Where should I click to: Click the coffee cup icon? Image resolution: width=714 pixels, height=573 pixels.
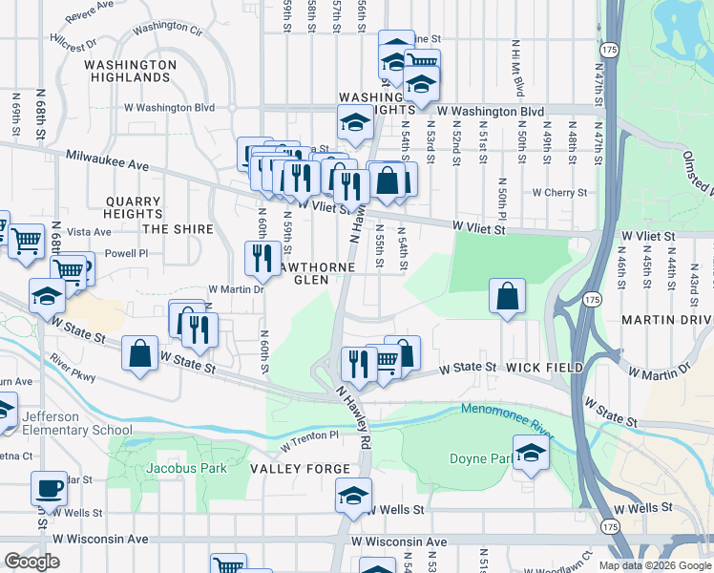(x=49, y=489)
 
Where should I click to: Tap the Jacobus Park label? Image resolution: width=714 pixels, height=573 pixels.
(x=186, y=468)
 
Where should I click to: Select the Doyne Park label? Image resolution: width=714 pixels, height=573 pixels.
(x=480, y=458)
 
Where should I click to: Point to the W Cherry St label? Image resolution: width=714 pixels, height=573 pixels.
(x=564, y=192)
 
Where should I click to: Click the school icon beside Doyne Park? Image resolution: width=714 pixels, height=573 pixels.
(x=531, y=453)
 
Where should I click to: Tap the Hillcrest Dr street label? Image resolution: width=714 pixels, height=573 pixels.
(x=74, y=45)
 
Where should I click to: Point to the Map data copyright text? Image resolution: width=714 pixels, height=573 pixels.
(x=654, y=565)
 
